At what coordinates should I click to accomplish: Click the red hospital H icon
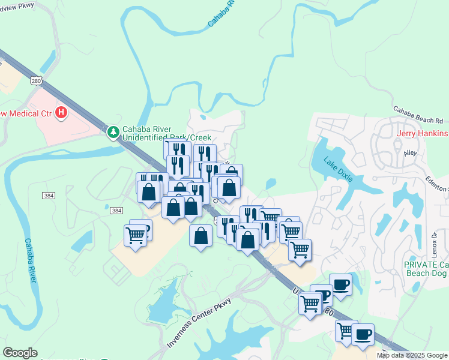coord(61,112)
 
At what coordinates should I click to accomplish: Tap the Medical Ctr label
coord(26,113)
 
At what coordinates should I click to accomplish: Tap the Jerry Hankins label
coord(421,133)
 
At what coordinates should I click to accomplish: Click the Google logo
coord(20,353)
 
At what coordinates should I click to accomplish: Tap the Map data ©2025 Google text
coord(412,355)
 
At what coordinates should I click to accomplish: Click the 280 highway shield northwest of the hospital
coord(37,80)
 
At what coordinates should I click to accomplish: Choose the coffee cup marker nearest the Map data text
coord(363,334)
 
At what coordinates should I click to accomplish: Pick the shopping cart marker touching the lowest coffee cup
coord(346,331)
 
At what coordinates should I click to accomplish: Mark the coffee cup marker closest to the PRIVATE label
coord(340,284)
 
